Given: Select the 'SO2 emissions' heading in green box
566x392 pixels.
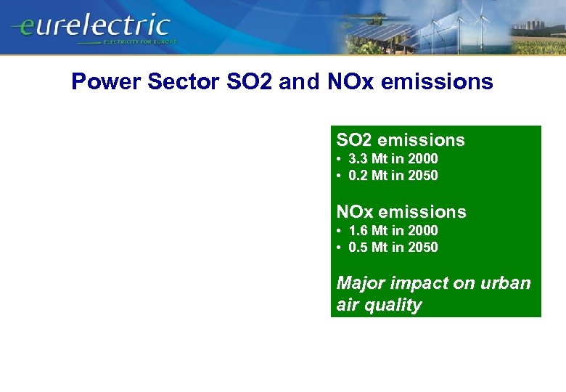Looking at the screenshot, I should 401,140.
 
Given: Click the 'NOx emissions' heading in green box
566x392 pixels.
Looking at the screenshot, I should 401,212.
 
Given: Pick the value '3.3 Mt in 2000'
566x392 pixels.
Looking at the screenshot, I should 393,158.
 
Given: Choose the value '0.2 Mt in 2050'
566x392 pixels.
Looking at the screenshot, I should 393,175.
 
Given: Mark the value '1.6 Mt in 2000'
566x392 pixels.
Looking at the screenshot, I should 393,230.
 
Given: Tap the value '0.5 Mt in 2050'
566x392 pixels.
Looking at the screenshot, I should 393,247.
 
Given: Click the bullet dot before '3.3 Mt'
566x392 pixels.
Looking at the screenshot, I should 339,158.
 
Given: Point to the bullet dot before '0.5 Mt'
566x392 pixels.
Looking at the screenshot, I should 339,247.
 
